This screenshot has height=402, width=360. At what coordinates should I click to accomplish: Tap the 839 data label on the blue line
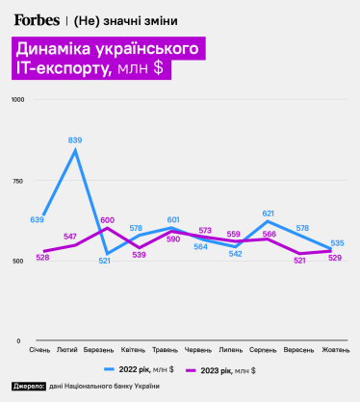click(75, 140)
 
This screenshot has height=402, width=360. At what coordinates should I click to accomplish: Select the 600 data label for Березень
click(107, 220)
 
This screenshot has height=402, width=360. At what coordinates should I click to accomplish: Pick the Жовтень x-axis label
click(335, 349)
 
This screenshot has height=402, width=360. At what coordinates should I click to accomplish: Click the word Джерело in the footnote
click(29, 386)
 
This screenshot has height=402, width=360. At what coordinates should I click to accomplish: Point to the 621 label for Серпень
click(269, 214)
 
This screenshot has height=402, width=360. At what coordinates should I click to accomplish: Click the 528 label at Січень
click(41, 257)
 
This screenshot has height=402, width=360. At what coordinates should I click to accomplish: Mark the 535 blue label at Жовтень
click(337, 243)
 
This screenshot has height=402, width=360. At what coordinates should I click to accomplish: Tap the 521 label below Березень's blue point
click(105, 262)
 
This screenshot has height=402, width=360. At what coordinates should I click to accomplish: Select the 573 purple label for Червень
click(205, 231)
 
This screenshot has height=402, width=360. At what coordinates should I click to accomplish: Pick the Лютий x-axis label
click(68, 349)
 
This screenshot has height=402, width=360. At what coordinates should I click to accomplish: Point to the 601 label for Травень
click(173, 220)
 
